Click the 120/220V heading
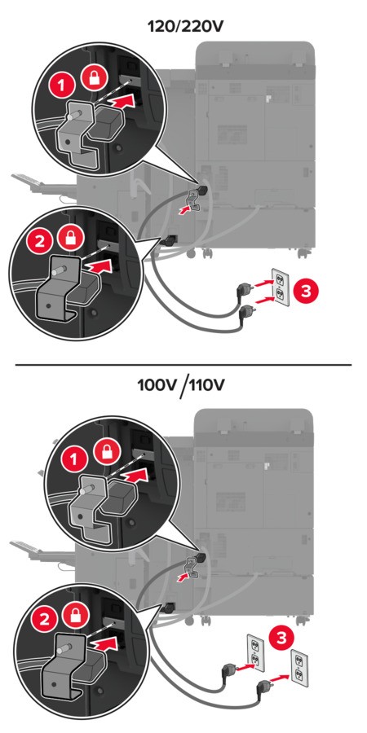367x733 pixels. click(x=185, y=26)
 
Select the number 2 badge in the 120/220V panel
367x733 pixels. click(x=40, y=242)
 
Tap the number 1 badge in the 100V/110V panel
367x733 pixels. click(x=72, y=460)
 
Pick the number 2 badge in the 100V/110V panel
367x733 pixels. click(x=45, y=620)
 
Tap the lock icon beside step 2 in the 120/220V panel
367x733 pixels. click(x=72, y=238)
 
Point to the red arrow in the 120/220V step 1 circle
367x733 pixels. click(x=128, y=102)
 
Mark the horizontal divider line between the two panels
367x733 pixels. click(x=183, y=364)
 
